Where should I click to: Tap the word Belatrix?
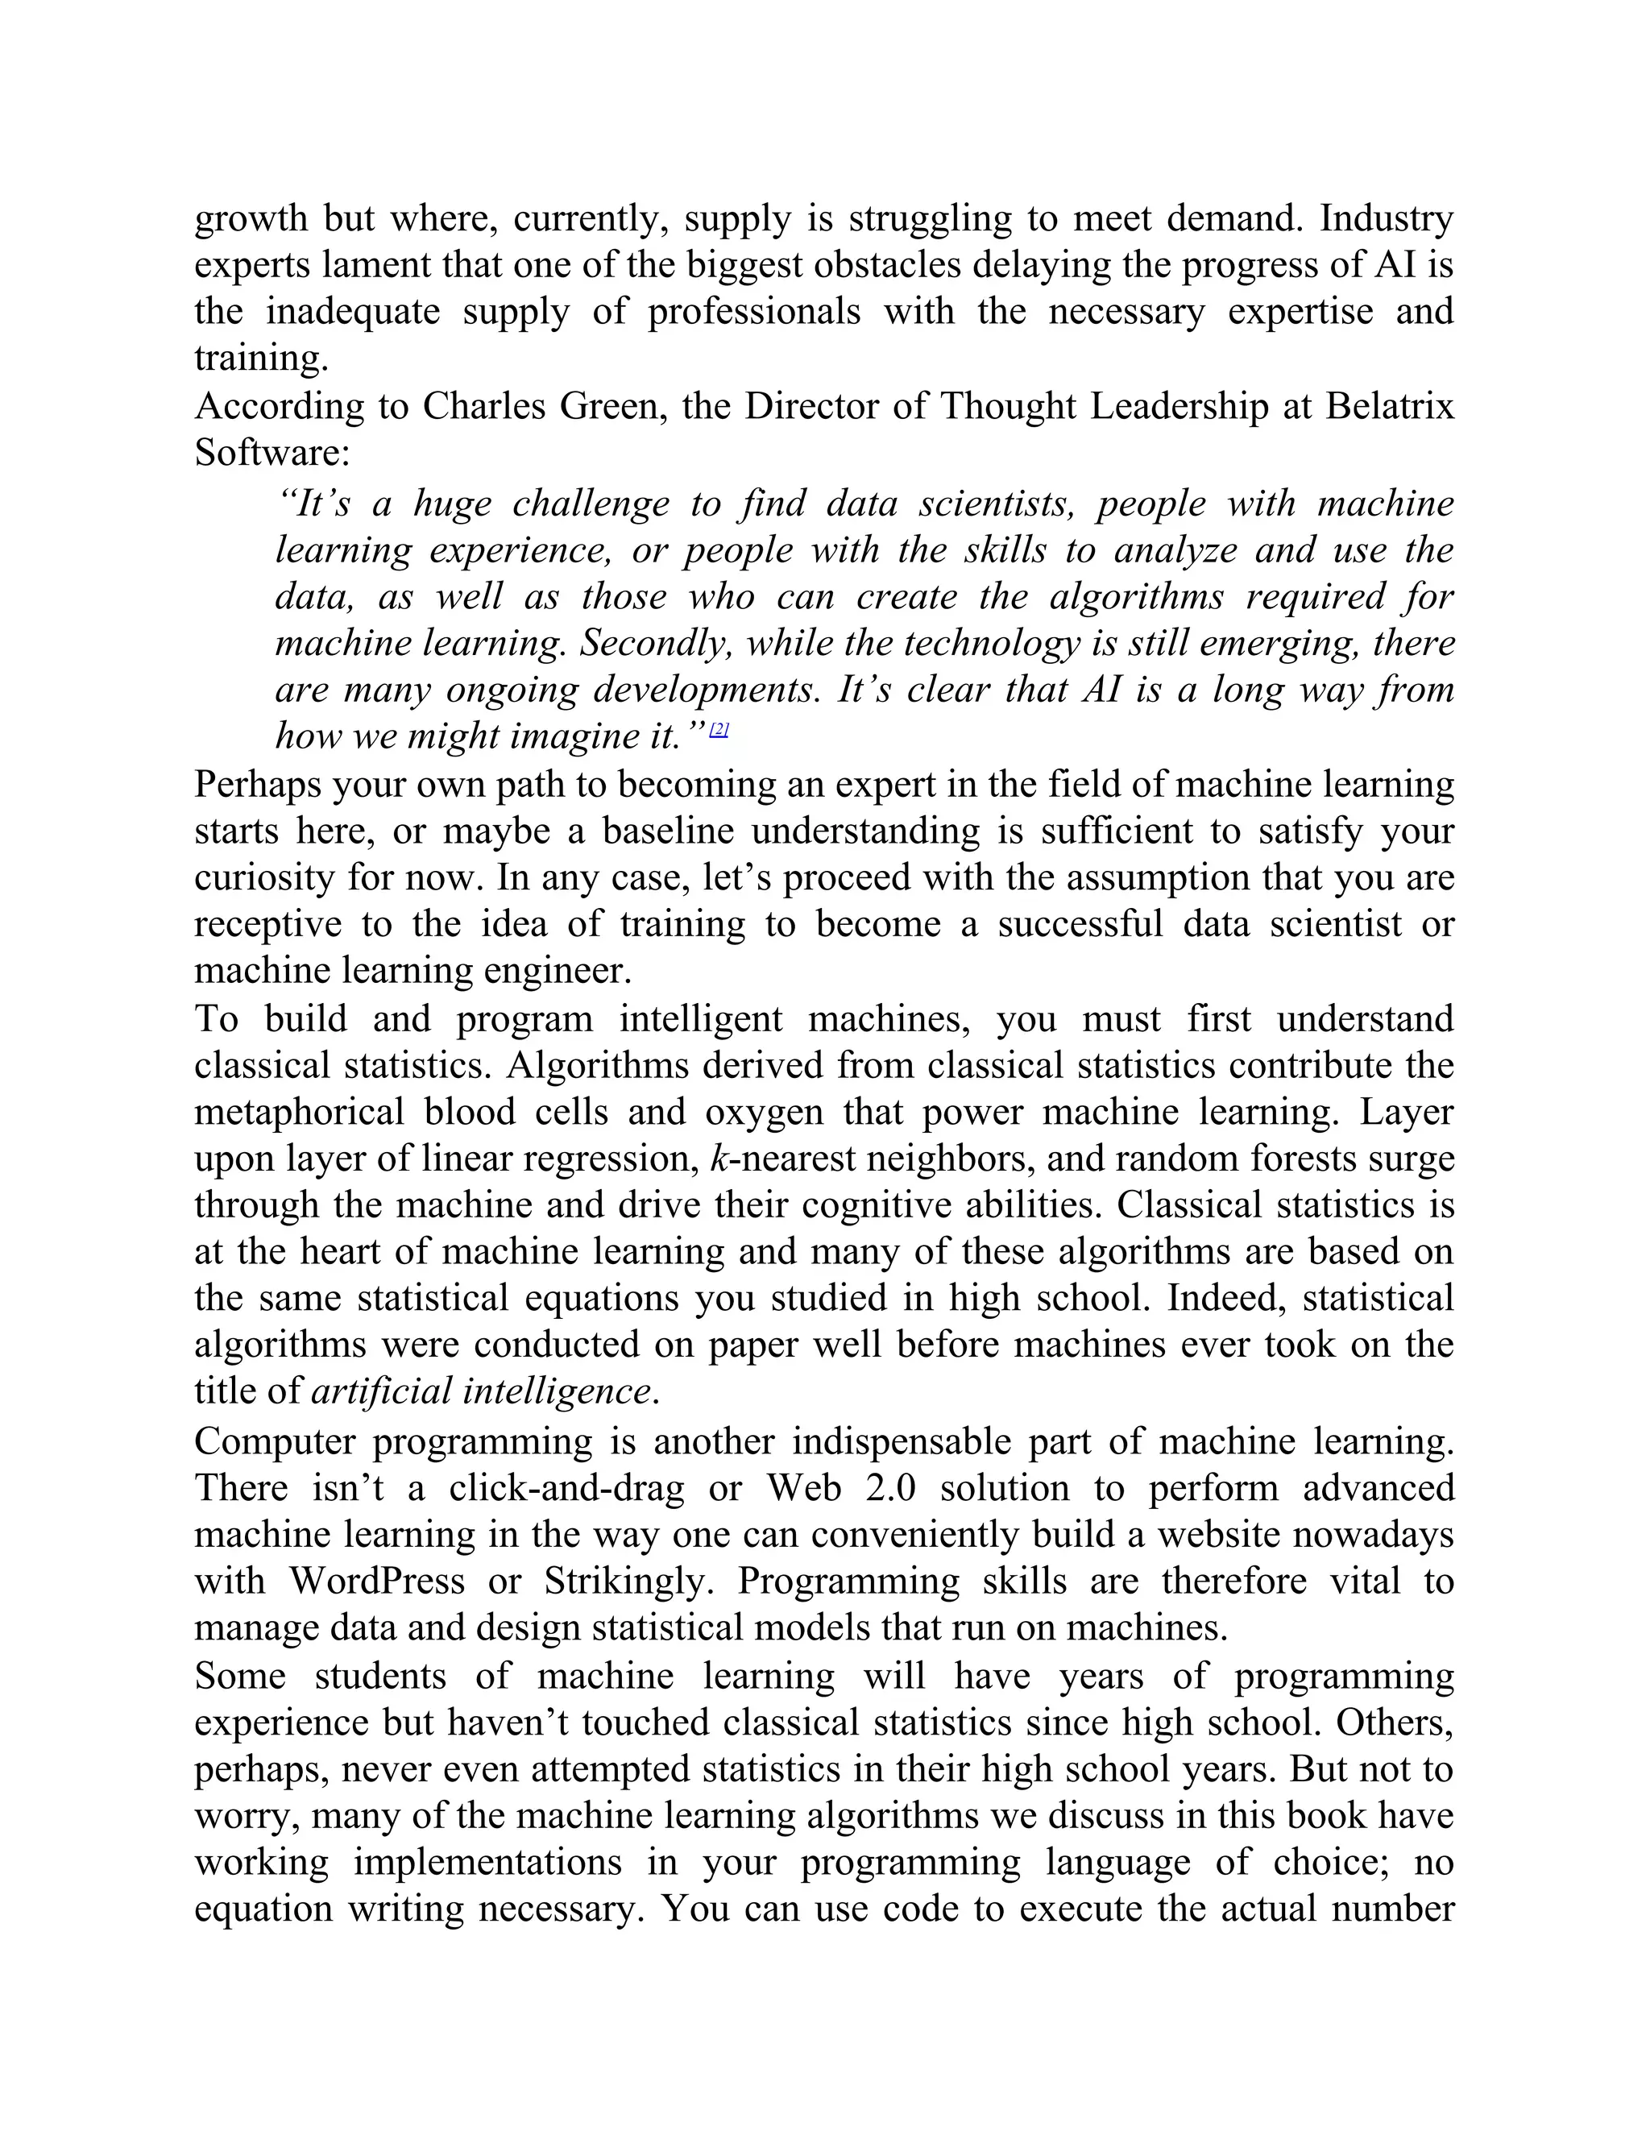pos(1389,407)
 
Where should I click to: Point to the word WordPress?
pos(376,1581)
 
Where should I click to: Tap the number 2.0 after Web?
pos(889,1488)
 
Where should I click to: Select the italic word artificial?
pos(380,1392)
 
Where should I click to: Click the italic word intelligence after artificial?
pos(555,1392)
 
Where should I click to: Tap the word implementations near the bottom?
pos(487,1862)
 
